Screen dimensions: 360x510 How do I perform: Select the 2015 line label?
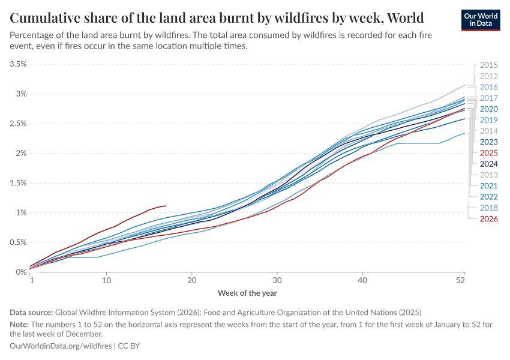point(488,65)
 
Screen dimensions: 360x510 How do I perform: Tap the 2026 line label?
point(488,218)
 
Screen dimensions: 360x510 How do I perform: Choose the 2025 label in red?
point(488,153)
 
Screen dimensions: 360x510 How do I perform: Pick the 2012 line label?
point(488,76)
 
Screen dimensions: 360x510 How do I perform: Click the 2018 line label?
point(488,208)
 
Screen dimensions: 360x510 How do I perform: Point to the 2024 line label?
point(488,164)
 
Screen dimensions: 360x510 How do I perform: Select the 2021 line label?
point(488,186)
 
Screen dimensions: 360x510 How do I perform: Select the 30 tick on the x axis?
point(277,280)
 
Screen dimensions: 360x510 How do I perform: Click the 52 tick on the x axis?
point(461,280)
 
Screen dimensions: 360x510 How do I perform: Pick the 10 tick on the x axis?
point(106,280)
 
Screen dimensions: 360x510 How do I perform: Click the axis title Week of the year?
point(247,293)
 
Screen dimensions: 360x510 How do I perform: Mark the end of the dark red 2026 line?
point(166,205)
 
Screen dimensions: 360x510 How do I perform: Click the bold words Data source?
point(31,312)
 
